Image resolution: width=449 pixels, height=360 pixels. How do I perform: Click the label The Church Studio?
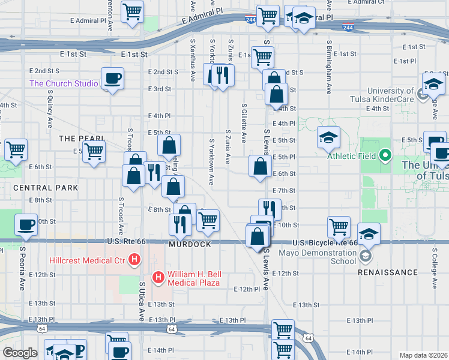(64, 83)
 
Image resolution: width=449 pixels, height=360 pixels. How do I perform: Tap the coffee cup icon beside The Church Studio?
(112, 78)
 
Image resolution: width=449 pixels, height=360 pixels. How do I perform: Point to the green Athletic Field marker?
(385, 156)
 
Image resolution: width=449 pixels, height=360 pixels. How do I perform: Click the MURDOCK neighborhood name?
(190, 245)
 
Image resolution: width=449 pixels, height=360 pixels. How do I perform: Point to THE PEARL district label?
(82, 139)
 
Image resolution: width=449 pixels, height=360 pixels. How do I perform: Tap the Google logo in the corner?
(20, 353)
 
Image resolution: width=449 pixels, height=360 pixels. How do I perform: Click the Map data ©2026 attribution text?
(423, 355)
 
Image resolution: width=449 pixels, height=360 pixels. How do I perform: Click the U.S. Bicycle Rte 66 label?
(325, 243)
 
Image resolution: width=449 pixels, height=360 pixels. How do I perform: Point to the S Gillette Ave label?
(244, 122)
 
